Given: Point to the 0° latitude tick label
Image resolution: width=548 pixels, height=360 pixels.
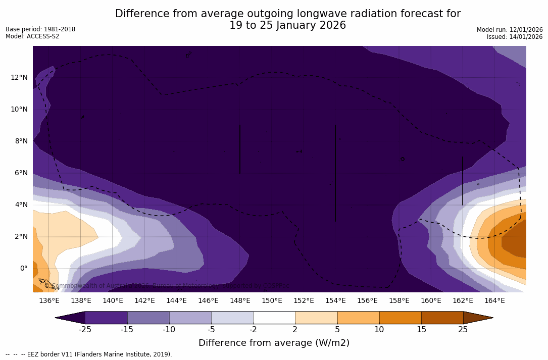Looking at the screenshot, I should pos(24,268).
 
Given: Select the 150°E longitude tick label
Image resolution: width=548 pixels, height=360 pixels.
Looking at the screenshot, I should pos(272,301).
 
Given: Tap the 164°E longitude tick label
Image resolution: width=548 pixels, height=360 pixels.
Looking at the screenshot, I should pos(494,301).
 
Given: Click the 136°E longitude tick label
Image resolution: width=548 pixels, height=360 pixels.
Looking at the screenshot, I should pos(49,301).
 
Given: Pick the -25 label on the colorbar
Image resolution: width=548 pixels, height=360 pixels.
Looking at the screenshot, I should pos(85,330).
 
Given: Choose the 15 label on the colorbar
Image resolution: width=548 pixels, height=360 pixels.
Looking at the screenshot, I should pos(421,330).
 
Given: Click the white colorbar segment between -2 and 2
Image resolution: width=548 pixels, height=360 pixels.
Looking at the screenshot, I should pos(274,318).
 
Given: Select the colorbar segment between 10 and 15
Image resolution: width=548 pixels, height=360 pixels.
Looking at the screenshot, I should pos(400,318).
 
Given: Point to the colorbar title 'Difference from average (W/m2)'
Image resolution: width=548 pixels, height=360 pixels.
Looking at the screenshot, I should pos(274,343).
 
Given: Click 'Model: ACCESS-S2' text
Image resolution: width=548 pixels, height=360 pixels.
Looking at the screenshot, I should pos(32,36).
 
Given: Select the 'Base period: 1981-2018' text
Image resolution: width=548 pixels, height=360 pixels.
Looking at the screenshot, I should pos(40,29).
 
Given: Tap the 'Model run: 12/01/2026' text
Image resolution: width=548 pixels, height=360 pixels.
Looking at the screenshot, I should pos(510,30).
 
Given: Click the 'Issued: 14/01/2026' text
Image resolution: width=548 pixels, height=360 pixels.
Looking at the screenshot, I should pos(515,37).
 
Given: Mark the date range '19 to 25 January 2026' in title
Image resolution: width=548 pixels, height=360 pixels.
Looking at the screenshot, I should pos(287,25).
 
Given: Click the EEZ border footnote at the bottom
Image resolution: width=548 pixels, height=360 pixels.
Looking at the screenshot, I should pos(89,354).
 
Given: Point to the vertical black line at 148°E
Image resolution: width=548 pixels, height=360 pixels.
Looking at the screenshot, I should pos(240,149).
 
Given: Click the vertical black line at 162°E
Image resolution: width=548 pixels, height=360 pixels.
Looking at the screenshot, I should pos(463,180).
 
